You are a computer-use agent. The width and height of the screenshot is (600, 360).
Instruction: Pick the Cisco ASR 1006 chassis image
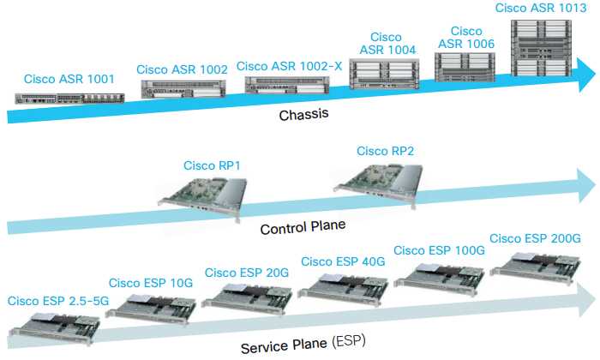pos(466,68)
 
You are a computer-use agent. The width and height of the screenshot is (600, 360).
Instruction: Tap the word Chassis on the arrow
pos(305,115)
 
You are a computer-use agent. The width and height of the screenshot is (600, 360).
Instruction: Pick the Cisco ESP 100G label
pos(439,249)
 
